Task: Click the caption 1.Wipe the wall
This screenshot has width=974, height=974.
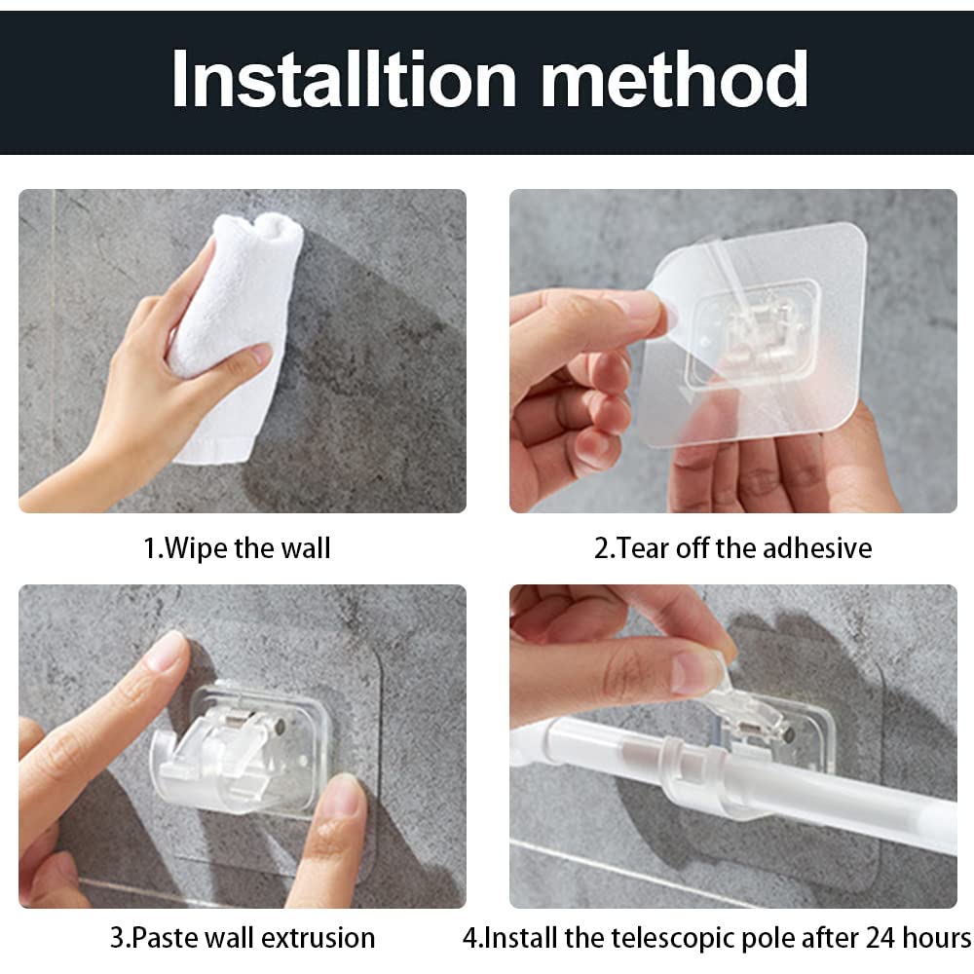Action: coord(238,548)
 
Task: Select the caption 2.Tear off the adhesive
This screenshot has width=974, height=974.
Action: coord(732,548)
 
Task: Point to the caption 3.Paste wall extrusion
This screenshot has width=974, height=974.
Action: coord(242,938)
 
